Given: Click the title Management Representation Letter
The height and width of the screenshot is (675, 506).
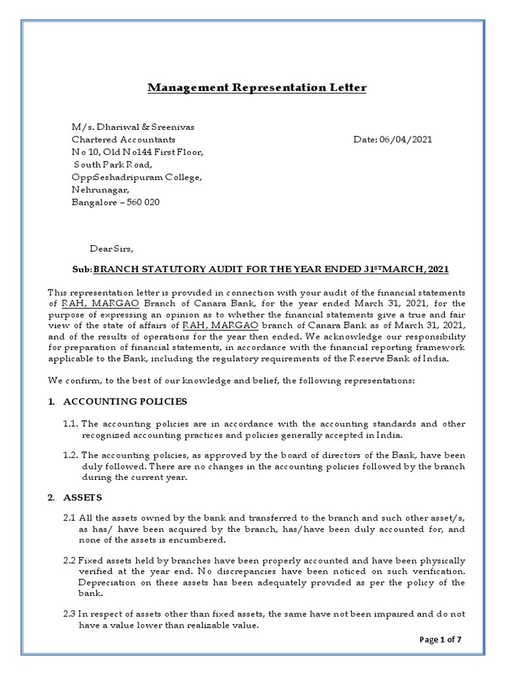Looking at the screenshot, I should (x=256, y=88).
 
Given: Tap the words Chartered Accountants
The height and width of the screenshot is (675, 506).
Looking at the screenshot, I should (x=123, y=140).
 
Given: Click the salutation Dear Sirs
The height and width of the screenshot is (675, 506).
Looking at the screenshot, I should (x=111, y=249).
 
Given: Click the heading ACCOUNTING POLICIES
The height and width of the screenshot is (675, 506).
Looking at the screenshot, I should (x=125, y=401).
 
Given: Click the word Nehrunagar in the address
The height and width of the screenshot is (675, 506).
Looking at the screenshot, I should (x=96, y=190).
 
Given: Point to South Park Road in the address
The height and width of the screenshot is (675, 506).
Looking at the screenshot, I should (x=113, y=165).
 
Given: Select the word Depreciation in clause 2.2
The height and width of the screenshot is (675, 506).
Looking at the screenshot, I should (x=107, y=583).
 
